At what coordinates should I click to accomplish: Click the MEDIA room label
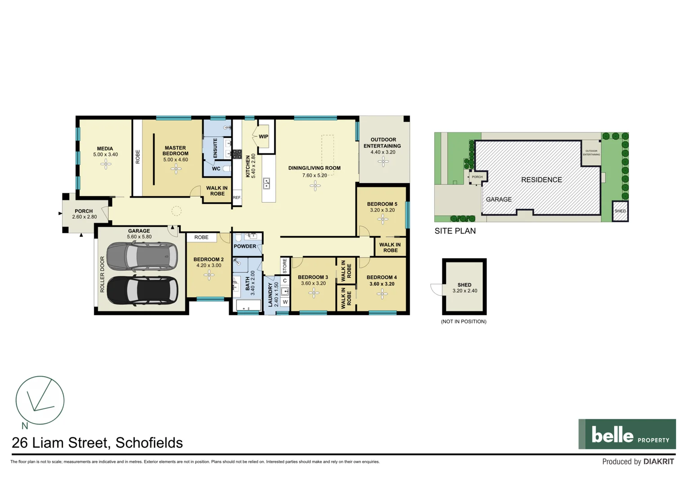click(x=105, y=148)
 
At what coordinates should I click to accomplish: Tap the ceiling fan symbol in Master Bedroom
click(x=176, y=169)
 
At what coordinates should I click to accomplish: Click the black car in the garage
click(x=142, y=290)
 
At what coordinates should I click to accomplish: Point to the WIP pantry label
click(x=263, y=136)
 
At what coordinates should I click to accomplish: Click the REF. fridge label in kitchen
click(x=237, y=198)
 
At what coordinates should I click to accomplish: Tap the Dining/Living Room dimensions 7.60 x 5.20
click(x=314, y=175)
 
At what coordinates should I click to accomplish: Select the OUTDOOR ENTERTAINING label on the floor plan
click(x=383, y=143)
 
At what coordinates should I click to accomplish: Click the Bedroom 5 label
click(x=382, y=204)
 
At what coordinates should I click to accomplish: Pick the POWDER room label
click(x=245, y=246)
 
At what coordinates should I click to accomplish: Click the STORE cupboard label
click(x=285, y=265)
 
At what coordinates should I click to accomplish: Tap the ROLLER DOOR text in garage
click(x=102, y=274)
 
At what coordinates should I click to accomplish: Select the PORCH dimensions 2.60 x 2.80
click(x=85, y=217)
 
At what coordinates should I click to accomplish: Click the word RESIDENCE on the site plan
click(x=541, y=180)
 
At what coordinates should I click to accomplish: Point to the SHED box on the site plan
click(x=620, y=211)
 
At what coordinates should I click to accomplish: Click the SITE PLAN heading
click(x=455, y=231)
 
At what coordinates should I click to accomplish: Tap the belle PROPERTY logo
click(x=627, y=434)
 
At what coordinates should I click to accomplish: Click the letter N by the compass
click(x=25, y=426)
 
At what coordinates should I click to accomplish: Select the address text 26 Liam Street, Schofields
click(x=97, y=443)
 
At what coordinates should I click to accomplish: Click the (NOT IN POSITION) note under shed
click(x=464, y=321)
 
